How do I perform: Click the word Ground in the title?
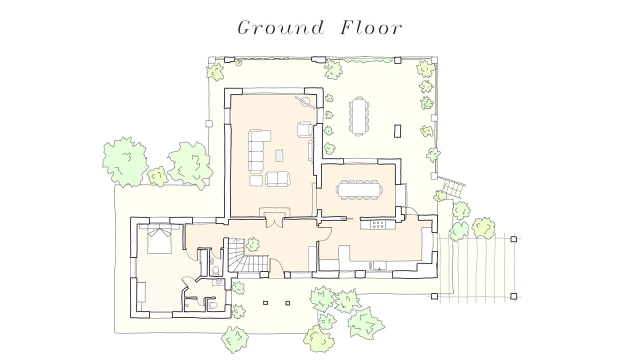click(x=281, y=28)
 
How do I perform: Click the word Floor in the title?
click(x=371, y=28)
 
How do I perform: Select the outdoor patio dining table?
click(x=359, y=115)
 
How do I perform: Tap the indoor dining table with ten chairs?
click(x=359, y=189)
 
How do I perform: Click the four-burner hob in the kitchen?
click(x=377, y=224)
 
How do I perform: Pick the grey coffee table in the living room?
click(x=279, y=155)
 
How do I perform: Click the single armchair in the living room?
click(x=304, y=129)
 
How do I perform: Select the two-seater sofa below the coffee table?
click(x=277, y=179)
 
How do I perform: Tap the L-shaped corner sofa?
click(x=256, y=151)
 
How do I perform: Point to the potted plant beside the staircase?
click(x=252, y=244)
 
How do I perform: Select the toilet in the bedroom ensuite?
click(x=212, y=305)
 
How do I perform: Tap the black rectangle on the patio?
click(x=397, y=131)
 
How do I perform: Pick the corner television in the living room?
click(x=305, y=102)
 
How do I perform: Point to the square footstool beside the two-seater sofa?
click(x=256, y=180)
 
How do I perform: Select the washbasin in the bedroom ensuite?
click(x=218, y=282)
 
